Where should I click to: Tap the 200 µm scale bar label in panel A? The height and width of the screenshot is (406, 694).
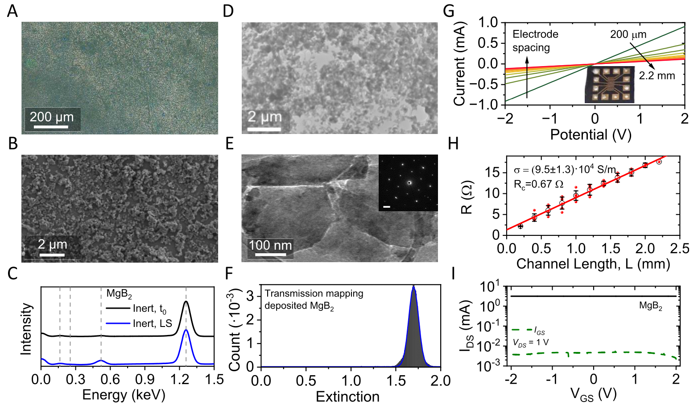(x=52, y=117)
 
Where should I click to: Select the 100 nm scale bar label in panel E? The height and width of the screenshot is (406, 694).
(x=270, y=245)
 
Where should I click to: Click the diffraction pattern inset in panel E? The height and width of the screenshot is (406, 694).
(x=408, y=183)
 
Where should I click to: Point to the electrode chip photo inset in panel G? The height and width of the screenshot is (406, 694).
(x=609, y=84)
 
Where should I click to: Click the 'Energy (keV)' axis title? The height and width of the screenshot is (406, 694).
(x=124, y=395)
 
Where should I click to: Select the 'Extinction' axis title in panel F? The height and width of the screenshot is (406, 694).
(x=347, y=397)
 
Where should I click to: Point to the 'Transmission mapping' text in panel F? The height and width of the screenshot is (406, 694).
(x=314, y=293)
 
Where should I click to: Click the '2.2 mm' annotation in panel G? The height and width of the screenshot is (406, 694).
(x=657, y=75)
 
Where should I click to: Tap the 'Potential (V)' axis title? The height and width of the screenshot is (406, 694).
(x=591, y=134)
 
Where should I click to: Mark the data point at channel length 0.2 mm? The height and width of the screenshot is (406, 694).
(x=520, y=226)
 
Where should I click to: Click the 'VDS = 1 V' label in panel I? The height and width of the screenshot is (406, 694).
(x=530, y=343)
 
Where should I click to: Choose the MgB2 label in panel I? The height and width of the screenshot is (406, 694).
(x=651, y=306)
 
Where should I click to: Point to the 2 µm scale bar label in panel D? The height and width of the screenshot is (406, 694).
(x=265, y=117)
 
